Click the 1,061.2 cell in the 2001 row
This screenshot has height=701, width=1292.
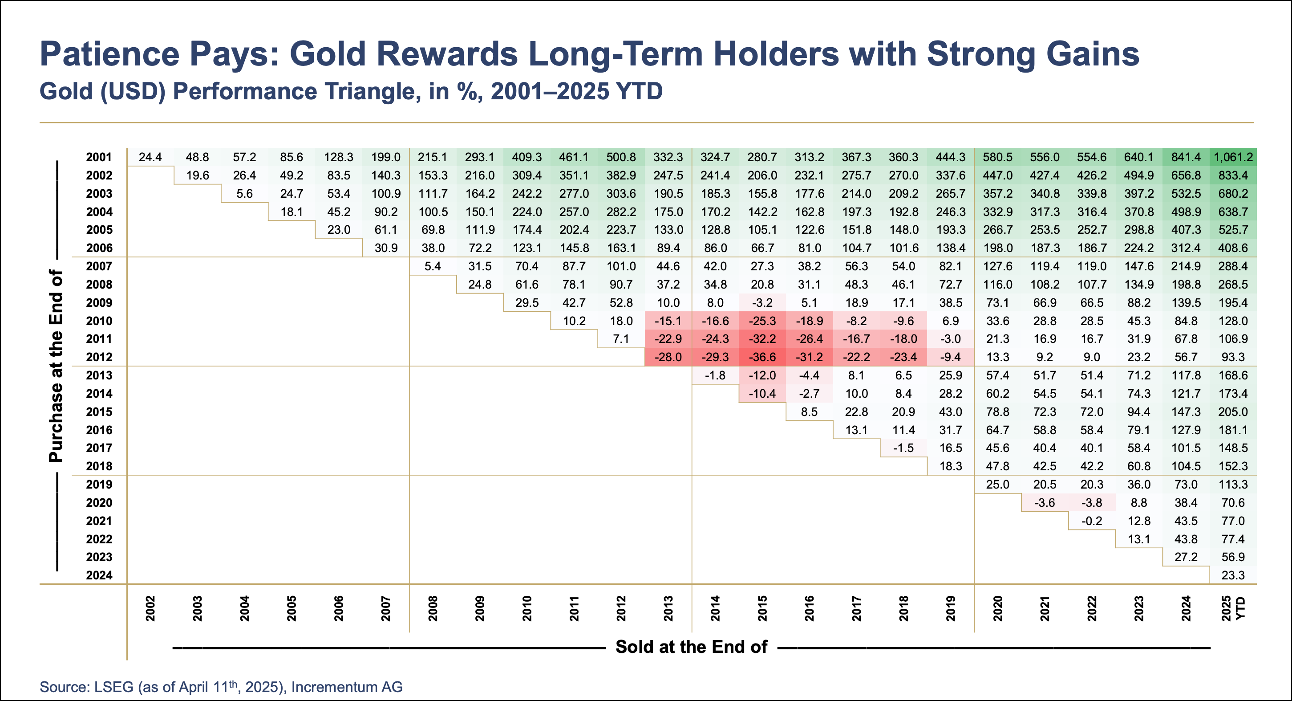pos(1233,157)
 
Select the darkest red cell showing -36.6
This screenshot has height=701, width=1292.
pos(762,357)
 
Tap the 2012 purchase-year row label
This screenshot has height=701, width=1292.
pos(99,357)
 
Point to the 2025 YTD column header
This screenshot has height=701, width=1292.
pos(1233,608)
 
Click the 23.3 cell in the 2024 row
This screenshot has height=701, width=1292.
pos(1233,575)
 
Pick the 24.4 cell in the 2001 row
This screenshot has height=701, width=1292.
pos(150,157)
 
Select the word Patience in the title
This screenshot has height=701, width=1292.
pos(109,54)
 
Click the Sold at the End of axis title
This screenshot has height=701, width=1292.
pos(691,647)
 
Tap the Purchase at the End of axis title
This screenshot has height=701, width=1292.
pos(56,365)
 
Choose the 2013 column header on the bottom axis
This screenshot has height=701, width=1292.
pos(668,608)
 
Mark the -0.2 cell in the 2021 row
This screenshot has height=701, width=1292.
pos(1091,521)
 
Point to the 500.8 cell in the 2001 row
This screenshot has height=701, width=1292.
pos(621,157)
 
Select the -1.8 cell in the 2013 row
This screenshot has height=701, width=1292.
pos(715,375)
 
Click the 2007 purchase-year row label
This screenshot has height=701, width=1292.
pos(99,266)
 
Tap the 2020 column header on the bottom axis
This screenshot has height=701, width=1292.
pos(997,608)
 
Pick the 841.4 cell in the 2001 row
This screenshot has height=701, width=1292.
pos(1186,157)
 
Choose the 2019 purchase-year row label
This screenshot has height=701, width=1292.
pos(99,484)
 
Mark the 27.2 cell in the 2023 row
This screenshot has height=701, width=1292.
pos(1186,557)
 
